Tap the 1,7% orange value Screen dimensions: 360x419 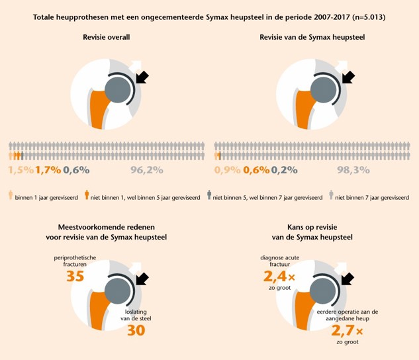click(x=49, y=170)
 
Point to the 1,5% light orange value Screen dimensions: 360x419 click(x=21, y=170)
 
